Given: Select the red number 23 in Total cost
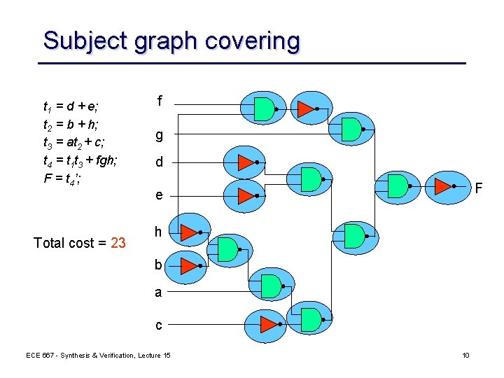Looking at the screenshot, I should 118,243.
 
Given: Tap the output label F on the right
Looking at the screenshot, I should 478,188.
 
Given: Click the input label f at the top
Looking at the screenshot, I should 160,101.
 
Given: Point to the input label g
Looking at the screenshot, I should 160,134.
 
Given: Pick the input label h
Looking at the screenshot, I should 159,232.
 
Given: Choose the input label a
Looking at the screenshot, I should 158,293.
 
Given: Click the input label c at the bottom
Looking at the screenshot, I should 159,325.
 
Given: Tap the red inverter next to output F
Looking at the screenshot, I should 444,186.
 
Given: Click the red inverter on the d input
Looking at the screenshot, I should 245,162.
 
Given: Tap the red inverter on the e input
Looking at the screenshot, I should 245,195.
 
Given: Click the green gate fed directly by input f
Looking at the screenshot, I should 264,108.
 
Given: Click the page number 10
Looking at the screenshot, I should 465,356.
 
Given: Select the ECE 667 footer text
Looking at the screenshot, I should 98,356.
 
